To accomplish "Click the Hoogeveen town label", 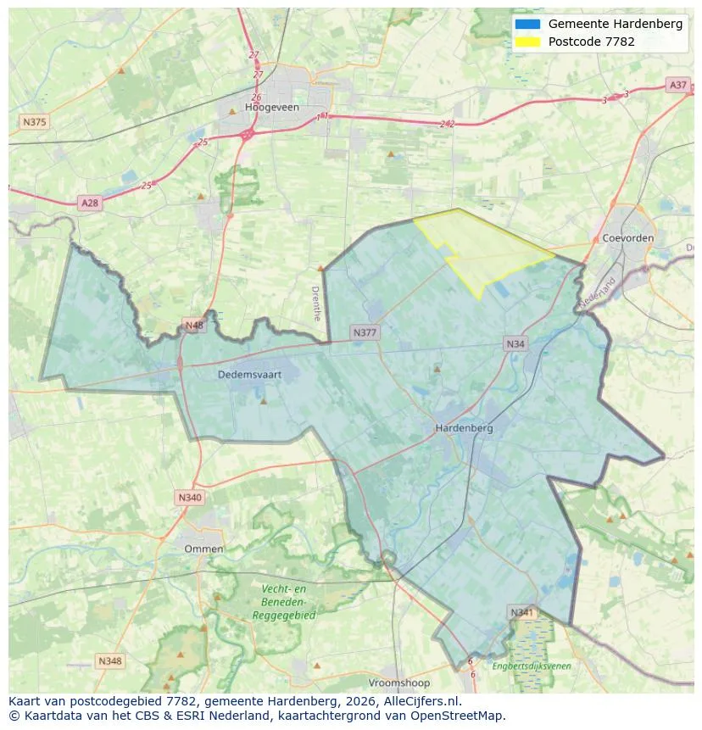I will coord(271,108).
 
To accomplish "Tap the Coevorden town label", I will coord(627,238).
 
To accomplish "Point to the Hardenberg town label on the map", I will coord(464,428).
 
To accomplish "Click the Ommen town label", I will coord(203,549).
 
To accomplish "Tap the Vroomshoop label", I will coord(398,683).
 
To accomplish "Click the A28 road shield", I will coord(89,203).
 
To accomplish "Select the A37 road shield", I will coord(677,85).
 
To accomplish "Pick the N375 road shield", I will coord(35,122).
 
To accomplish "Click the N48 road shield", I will coord(194,326).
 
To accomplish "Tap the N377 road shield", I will coord(365,332).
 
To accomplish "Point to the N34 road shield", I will coord(515,343).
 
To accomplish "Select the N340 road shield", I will coord(190,498).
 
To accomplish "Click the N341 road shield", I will coord(522,612).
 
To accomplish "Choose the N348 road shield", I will coord(109,660).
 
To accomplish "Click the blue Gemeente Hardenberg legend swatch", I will coord(526,24).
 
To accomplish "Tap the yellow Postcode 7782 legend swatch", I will coord(526,42).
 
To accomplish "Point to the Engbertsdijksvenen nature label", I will coord(532,666).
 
